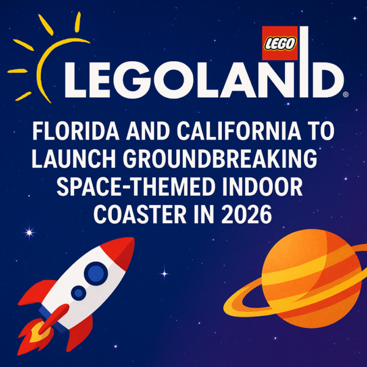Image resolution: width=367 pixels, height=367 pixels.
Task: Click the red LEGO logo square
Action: tap(280, 43)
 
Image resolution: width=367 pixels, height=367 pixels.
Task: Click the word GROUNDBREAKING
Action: tap(220, 159)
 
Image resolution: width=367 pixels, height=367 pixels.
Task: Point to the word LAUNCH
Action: tap(74, 159)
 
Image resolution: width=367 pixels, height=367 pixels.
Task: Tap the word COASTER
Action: tap(140, 215)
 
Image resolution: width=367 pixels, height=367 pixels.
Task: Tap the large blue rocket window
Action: tap(96, 273)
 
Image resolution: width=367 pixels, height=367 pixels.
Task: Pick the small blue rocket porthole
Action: tap(79, 293)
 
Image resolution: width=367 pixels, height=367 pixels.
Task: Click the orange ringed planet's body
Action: tap(311, 278)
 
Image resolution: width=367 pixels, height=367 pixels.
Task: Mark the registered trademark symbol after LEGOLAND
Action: tap(346, 94)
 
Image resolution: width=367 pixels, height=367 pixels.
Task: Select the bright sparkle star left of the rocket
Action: tap(29, 232)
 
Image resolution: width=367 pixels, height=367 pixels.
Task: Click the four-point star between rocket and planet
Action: tap(165, 273)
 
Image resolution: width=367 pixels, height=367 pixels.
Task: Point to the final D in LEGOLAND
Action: tap(326, 80)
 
